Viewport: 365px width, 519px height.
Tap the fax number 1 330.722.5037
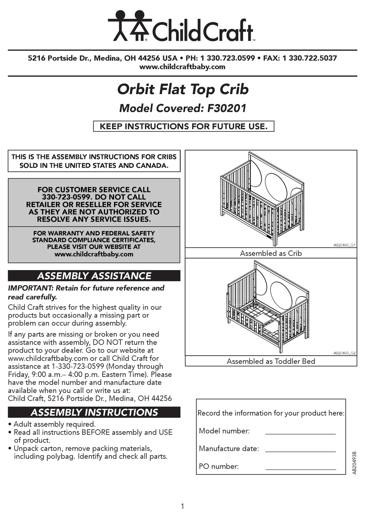[x=309, y=58]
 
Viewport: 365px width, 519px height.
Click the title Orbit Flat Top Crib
[x=183, y=89]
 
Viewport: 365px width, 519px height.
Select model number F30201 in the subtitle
[x=227, y=108]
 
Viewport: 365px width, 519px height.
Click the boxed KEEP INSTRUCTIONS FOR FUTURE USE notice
[x=183, y=126]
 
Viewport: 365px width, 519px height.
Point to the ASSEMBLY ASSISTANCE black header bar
[x=94, y=276]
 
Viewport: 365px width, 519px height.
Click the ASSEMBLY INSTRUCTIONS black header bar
[x=94, y=412]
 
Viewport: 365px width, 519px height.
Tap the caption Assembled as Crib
[x=271, y=253]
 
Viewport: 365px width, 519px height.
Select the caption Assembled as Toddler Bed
[x=271, y=361]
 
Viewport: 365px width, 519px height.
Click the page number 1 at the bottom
[x=182, y=506]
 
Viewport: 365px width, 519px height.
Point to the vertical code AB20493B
[x=354, y=463]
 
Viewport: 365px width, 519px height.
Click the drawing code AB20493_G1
[x=344, y=245]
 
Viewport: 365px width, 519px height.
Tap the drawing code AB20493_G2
[x=344, y=353]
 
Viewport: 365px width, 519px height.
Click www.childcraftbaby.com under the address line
[x=182, y=67]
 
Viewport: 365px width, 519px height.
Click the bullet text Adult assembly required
[x=55, y=424]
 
